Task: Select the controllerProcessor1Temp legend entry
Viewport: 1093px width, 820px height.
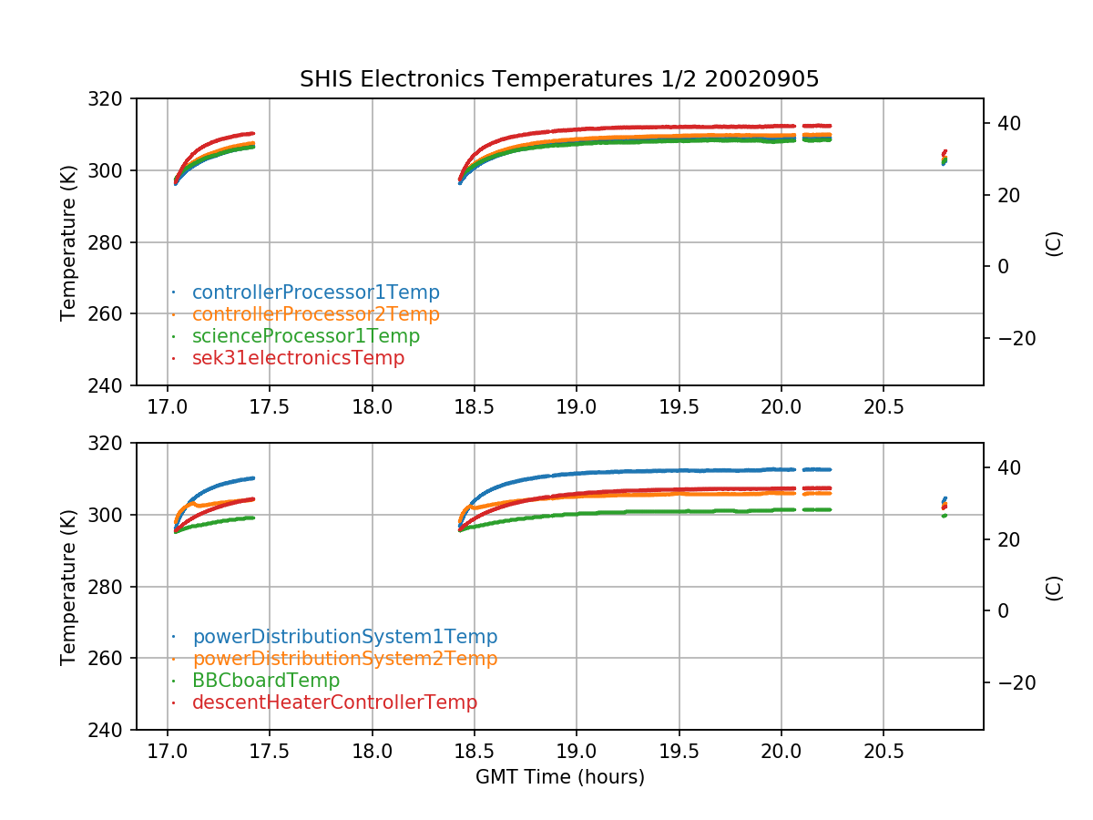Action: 315,292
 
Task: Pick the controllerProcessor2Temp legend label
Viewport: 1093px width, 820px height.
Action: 315,314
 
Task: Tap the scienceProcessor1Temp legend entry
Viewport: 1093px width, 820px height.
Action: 305,336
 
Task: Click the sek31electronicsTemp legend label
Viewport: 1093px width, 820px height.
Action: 298,358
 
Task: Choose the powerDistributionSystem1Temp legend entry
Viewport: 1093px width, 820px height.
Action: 344,637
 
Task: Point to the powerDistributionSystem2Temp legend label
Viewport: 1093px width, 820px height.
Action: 344,659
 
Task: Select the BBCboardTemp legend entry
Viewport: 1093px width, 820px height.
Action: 266,681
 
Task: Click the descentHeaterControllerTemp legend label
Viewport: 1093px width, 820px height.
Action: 334,702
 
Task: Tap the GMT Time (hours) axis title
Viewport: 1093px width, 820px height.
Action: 559,777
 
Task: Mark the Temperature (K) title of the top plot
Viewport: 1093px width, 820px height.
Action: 68,241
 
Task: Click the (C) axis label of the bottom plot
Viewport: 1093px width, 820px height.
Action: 1054,587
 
